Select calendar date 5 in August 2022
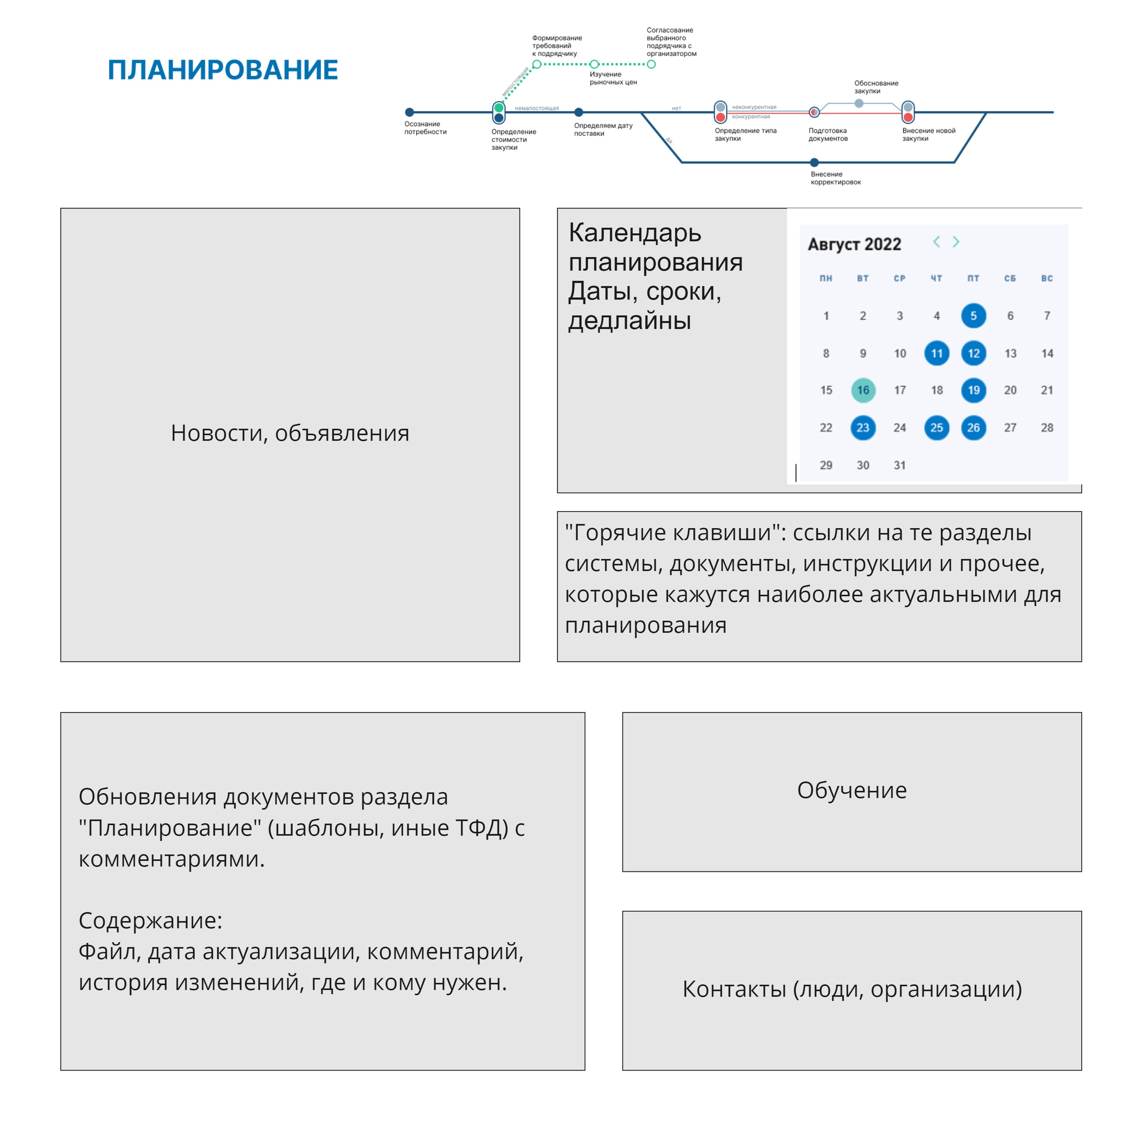point(973,316)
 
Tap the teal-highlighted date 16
point(863,390)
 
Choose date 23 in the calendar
point(863,428)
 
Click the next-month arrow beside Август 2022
point(956,242)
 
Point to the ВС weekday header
point(1047,278)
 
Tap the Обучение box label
point(852,790)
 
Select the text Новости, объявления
point(290,433)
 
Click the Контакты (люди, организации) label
point(852,989)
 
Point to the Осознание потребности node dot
point(410,112)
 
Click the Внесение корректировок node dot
point(814,163)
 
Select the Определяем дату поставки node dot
point(579,112)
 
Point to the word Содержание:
point(150,920)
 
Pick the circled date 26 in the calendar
point(973,428)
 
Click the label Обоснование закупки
point(876,87)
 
